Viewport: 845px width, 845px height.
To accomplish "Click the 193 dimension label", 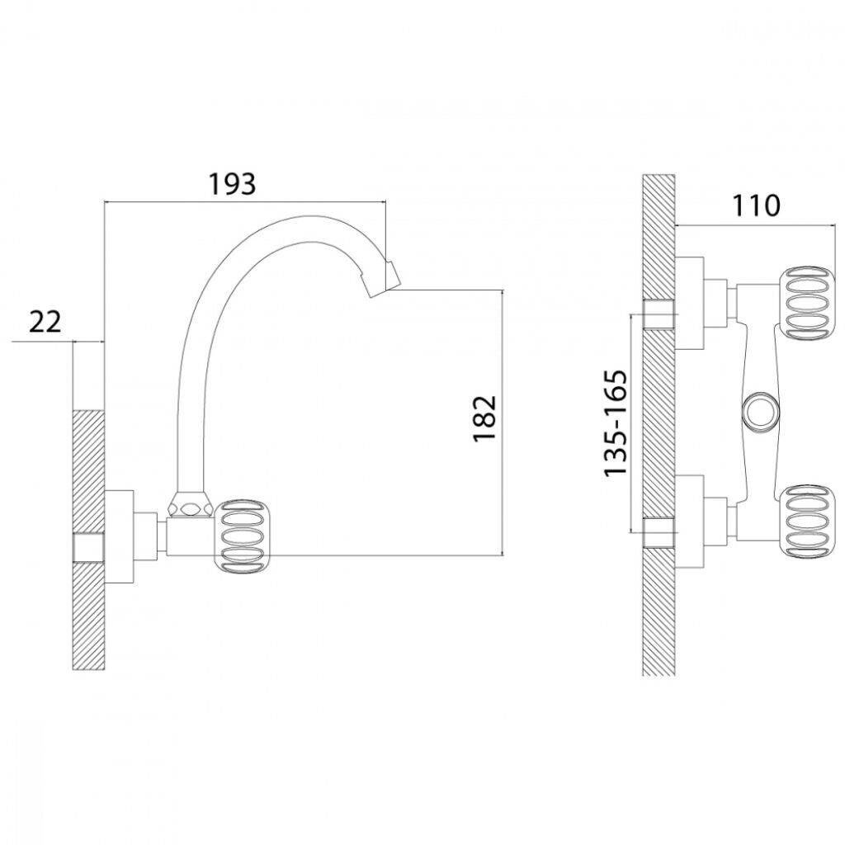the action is (232, 184).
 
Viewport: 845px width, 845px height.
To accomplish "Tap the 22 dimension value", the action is (45, 322).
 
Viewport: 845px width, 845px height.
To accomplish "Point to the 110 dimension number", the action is (756, 205).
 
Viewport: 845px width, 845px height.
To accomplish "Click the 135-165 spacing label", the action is (616, 423).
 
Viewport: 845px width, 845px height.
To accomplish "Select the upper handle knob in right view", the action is (808, 304).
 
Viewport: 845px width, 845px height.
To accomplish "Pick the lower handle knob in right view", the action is (808, 522).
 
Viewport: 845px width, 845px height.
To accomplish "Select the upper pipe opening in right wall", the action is (659, 314).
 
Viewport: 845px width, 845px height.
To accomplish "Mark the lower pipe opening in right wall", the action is (659, 533).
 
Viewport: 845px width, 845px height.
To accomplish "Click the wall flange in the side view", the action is (119, 538).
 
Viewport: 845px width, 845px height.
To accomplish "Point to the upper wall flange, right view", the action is (689, 303).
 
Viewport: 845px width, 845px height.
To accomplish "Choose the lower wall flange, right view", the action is (689, 522).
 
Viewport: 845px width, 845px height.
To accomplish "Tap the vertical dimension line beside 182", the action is (503, 422).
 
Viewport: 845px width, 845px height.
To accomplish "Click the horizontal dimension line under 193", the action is (244, 202).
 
